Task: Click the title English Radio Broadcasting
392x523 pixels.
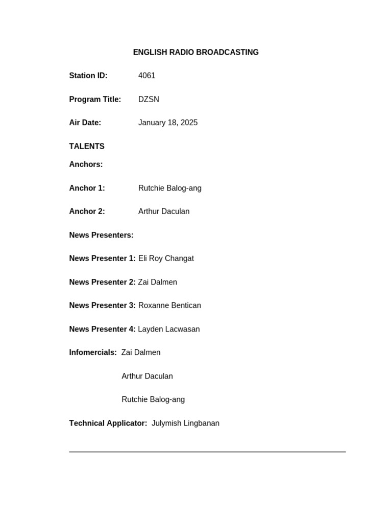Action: click(x=195, y=52)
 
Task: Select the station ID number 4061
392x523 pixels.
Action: click(x=146, y=76)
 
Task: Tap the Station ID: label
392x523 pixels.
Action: click(x=88, y=76)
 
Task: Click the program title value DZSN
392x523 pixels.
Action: click(x=149, y=99)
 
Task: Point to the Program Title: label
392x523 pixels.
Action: click(x=95, y=99)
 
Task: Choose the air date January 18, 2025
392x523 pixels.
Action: click(x=168, y=123)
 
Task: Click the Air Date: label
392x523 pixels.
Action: click(x=85, y=123)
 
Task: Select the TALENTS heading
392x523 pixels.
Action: click(x=87, y=146)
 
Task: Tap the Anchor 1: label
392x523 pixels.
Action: click(x=87, y=188)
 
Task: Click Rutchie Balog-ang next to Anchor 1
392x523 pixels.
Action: click(x=170, y=188)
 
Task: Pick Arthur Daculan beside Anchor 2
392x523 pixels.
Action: click(x=164, y=211)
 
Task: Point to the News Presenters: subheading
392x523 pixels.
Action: click(x=101, y=235)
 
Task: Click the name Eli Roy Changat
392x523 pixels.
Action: click(x=166, y=258)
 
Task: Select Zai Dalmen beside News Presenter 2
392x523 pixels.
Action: click(x=158, y=282)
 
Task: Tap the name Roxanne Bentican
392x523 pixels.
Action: click(x=169, y=305)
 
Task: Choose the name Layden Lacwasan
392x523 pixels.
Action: click(x=169, y=329)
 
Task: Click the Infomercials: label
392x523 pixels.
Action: click(x=93, y=352)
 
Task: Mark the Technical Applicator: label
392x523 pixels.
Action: click(x=108, y=423)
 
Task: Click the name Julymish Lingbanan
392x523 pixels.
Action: click(x=185, y=423)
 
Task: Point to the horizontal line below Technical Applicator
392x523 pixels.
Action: click(x=207, y=451)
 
